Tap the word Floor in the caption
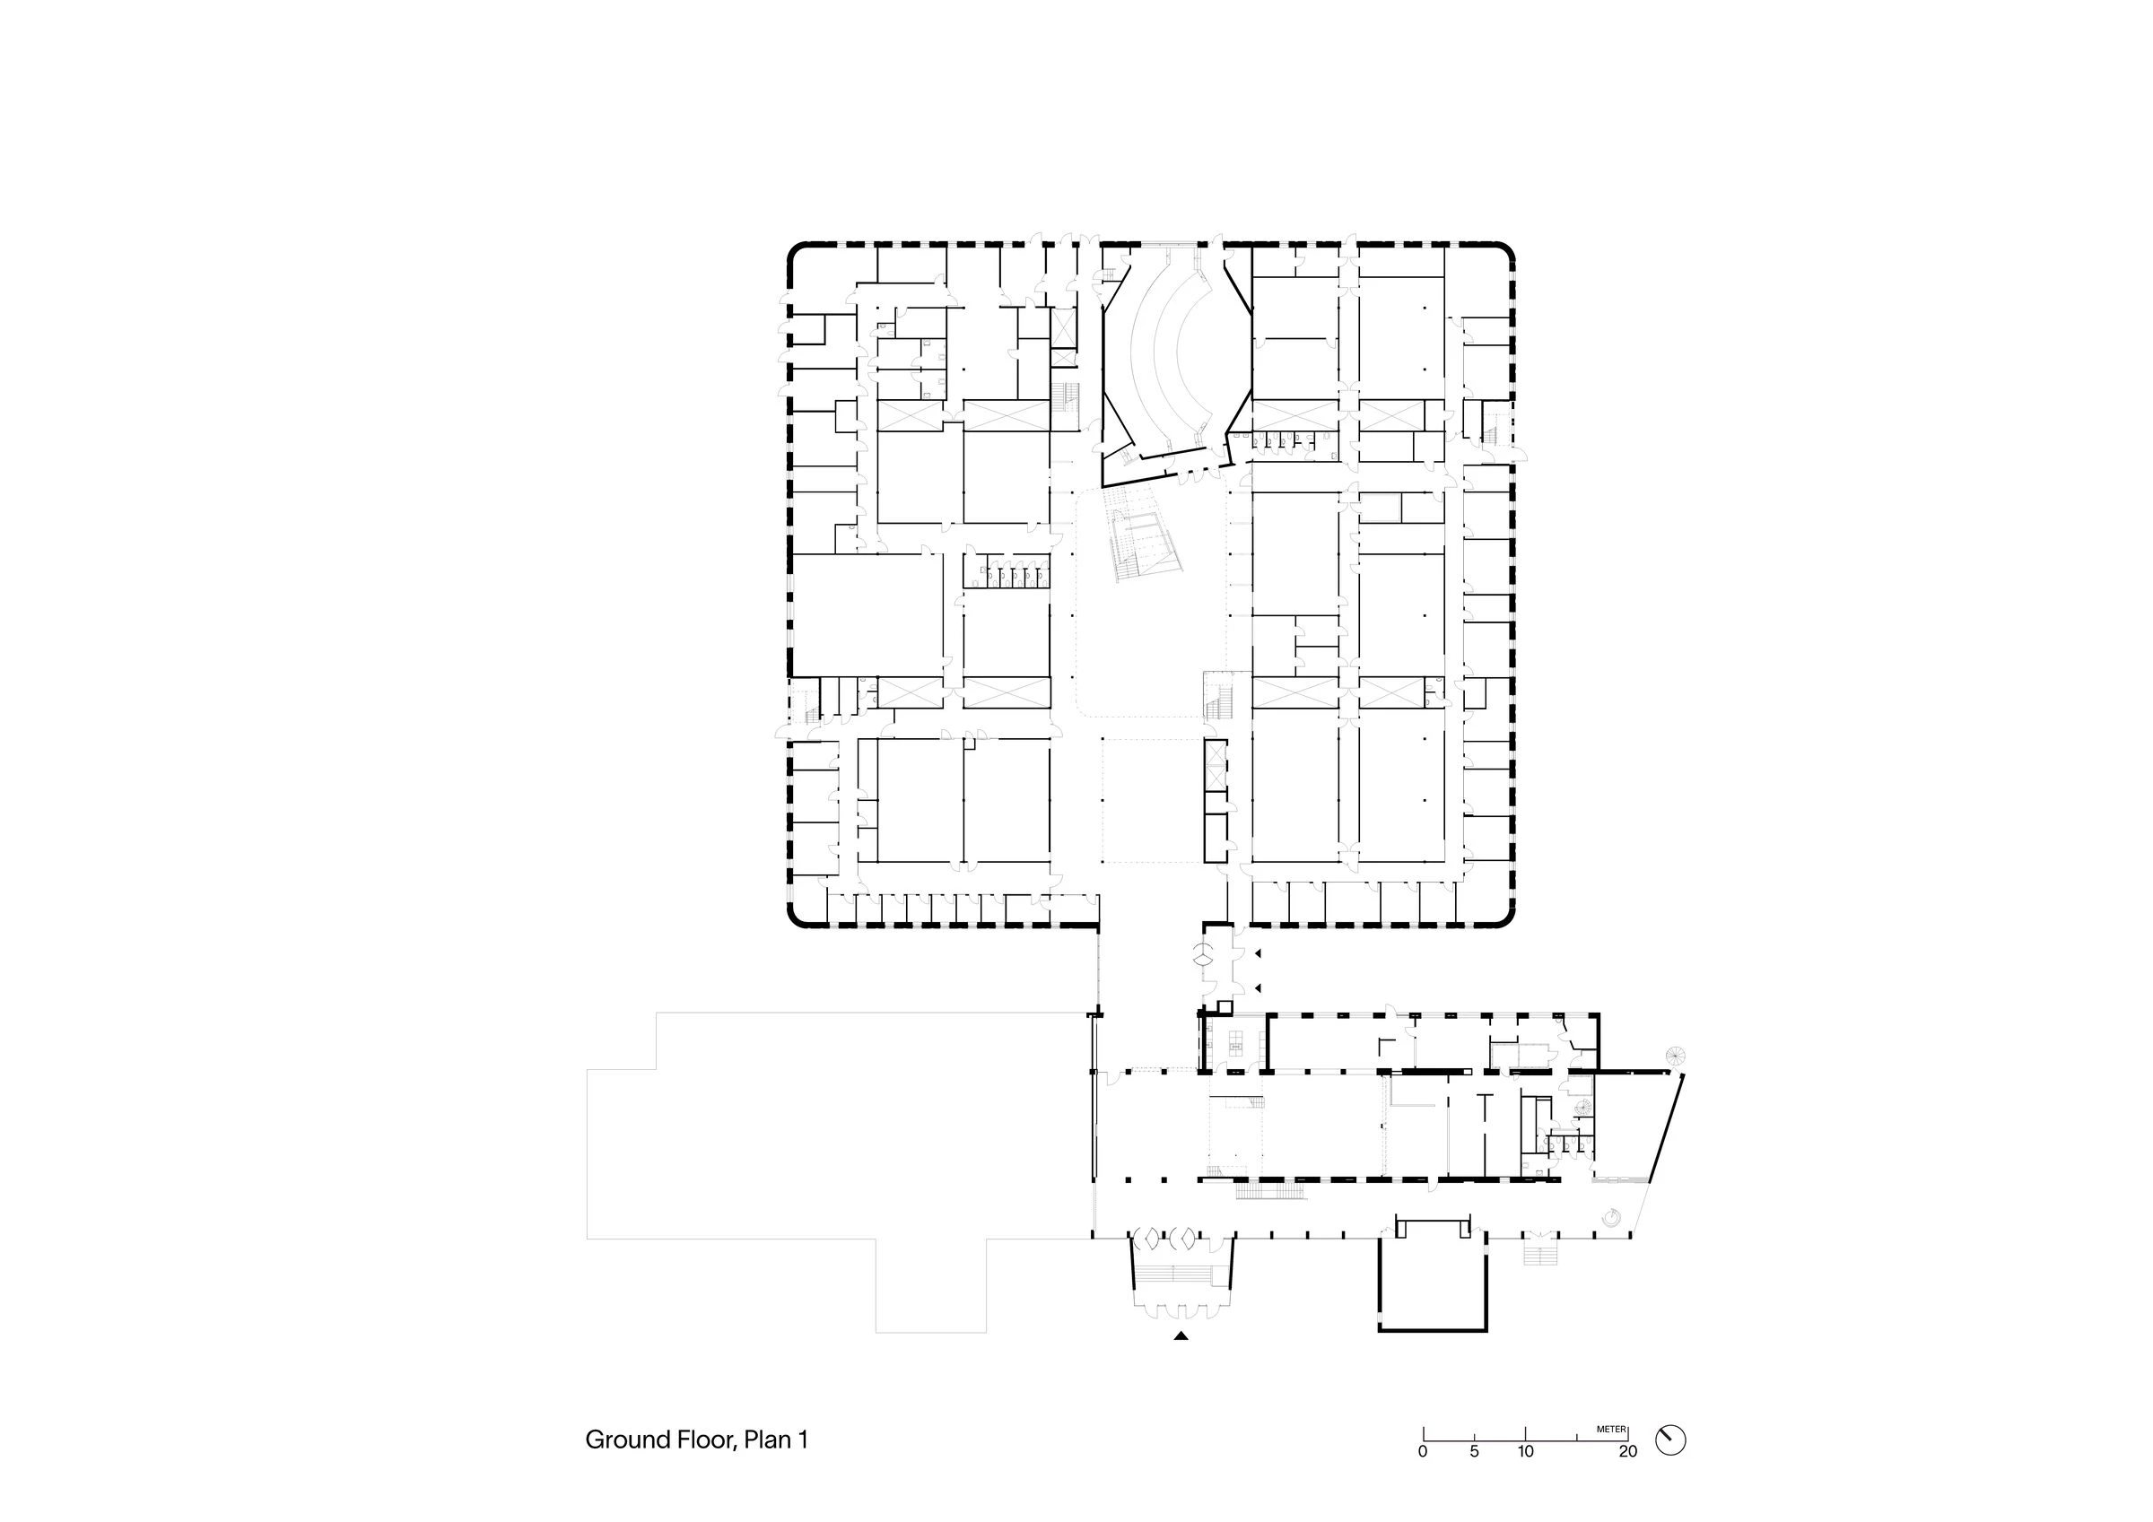703,1439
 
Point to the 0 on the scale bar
1423,1453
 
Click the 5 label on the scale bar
1474,1453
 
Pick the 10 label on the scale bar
1526,1453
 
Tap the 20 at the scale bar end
1628,1453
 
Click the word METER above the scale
1611,1431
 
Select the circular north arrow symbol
1670,1439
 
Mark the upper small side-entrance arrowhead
1259,952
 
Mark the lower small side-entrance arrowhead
1259,987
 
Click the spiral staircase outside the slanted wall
1675,1056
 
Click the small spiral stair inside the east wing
1584,1108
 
